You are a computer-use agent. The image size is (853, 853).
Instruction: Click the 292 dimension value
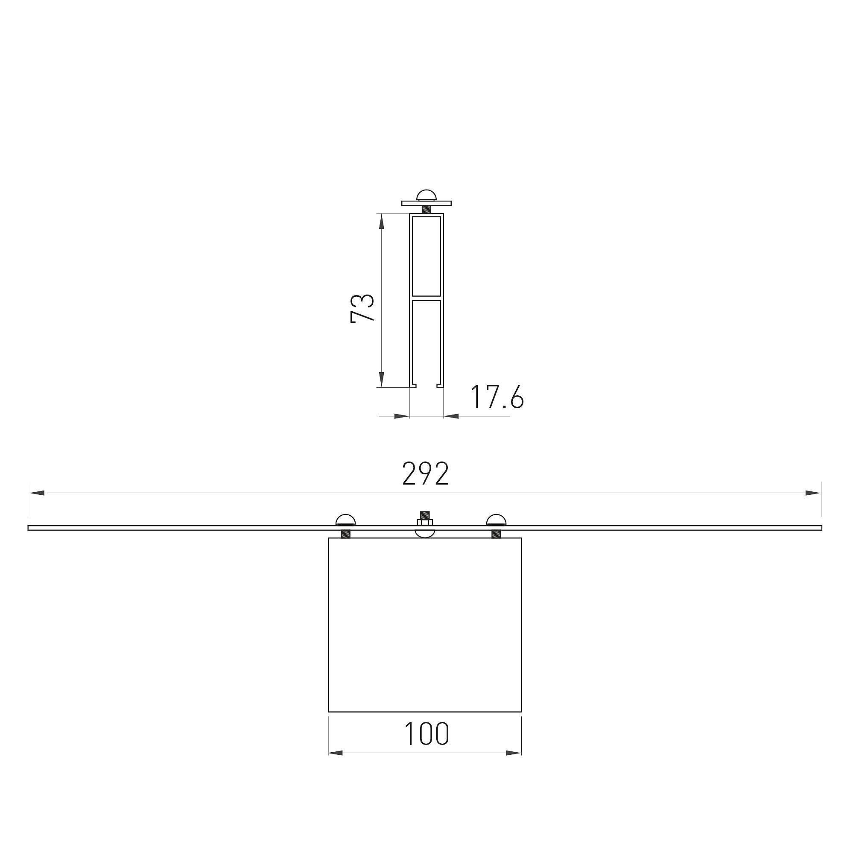point(426,474)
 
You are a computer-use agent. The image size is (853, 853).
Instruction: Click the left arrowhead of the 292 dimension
point(36,493)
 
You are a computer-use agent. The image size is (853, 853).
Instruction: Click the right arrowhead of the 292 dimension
point(813,493)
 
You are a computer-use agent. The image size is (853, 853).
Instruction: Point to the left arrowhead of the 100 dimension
point(337,753)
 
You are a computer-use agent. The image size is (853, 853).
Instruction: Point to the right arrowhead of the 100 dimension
point(513,753)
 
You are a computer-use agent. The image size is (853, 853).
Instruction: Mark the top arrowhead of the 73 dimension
point(382,222)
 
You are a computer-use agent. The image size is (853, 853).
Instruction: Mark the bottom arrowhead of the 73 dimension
point(382,379)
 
